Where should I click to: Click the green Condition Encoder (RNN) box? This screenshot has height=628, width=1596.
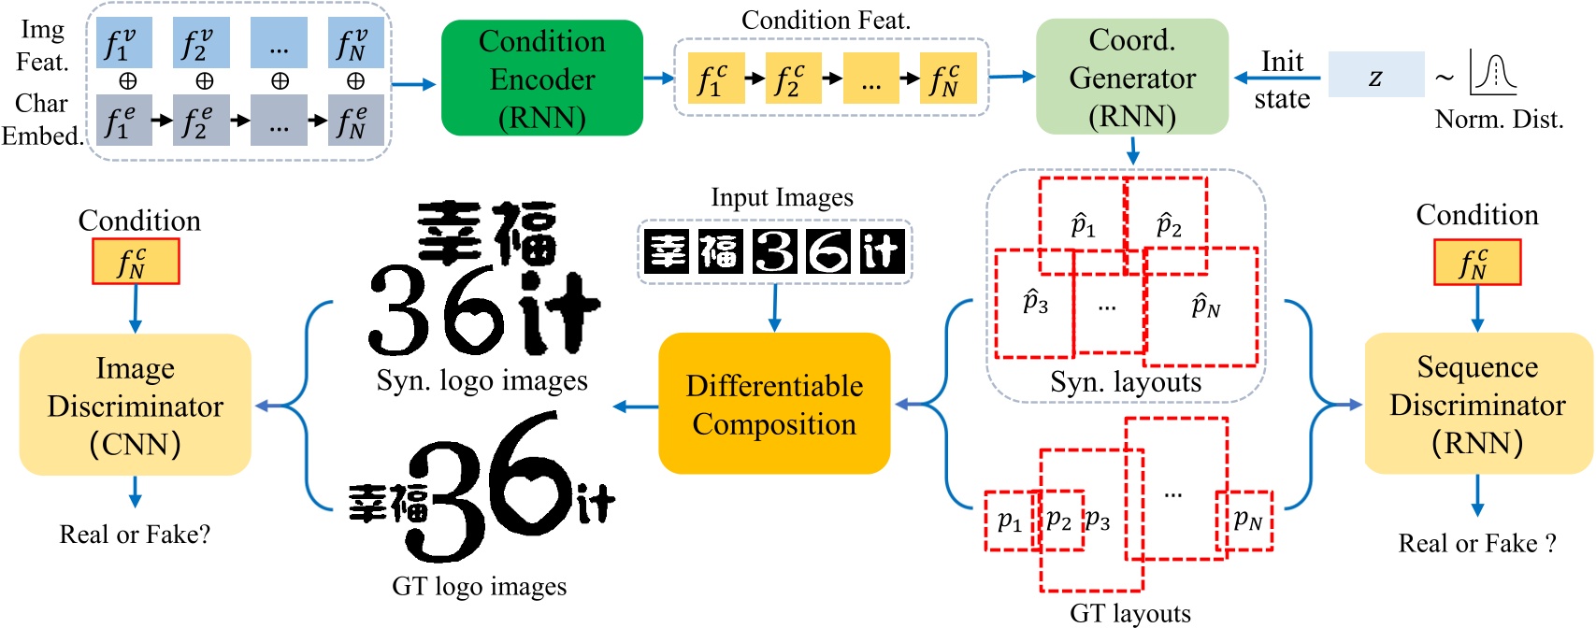click(x=541, y=78)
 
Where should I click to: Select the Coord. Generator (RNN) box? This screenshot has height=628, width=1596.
click(x=1131, y=78)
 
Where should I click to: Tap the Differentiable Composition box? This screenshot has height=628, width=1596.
click(x=774, y=404)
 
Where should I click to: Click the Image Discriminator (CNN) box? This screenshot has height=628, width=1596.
click(x=136, y=405)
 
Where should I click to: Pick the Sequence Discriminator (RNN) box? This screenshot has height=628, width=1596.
click(x=1477, y=404)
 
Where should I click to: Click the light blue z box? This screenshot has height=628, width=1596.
click(x=1375, y=76)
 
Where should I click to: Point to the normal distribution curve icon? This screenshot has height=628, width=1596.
click(x=1493, y=73)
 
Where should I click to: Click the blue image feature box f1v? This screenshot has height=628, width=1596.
click(x=122, y=43)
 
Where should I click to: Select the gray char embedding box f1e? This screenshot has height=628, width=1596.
click(x=122, y=121)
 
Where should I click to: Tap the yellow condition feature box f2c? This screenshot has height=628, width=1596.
click(x=792, y=79)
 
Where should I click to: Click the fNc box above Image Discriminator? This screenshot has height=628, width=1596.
click(x=136, y=262)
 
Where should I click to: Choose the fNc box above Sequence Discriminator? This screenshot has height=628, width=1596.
click(x=1477, y=263)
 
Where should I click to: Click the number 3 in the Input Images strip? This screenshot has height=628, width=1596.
click(x=774, y=250)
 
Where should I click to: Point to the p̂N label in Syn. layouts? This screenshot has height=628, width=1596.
click(x=1205, y=306)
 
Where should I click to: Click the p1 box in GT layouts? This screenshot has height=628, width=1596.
click(x=1010, y=521)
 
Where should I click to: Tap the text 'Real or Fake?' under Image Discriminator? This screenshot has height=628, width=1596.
click(x=136, y=535)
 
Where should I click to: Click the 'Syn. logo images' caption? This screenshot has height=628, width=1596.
click(x=482, y=381)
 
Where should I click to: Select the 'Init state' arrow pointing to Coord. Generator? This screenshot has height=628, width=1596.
click(x=1277, y=78)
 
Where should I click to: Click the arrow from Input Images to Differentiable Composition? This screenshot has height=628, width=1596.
click(x=774, y=308)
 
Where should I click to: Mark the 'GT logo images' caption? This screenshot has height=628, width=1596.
click(x=479, y=587)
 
